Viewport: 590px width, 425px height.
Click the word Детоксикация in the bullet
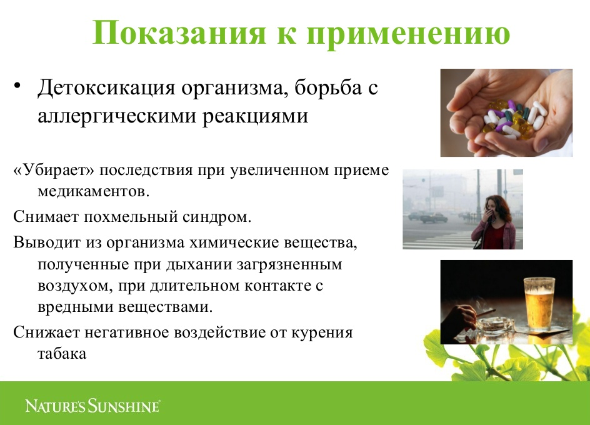point(106,88)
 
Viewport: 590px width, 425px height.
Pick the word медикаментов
point(94,192)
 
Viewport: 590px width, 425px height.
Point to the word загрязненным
point(289,264)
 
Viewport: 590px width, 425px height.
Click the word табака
point(62,354)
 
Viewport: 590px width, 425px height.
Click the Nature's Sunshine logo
point(92,406)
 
